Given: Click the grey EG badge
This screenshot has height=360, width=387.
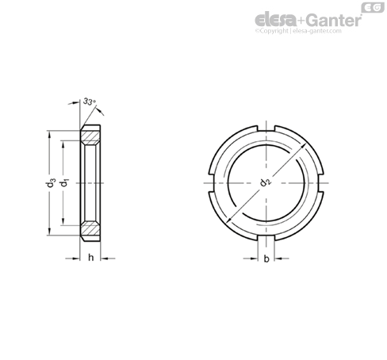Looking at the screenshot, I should [370, 8].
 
